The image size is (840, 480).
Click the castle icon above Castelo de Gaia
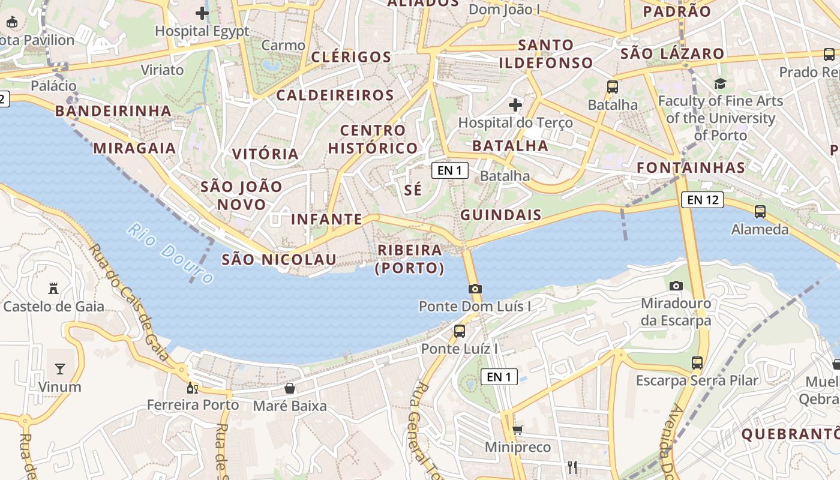[53, 289]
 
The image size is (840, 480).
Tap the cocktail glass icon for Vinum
[60, 368]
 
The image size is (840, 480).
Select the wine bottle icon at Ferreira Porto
[193, 388]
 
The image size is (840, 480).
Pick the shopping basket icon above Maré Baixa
[290, 388]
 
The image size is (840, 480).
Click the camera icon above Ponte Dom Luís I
[475, 289]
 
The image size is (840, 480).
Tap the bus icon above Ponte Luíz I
[460, 331]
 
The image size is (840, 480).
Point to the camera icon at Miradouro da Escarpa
[676, 286]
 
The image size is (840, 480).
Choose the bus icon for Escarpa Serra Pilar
[697, 362]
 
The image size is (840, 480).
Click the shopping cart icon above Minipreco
[517, 430]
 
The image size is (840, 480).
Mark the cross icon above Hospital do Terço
[515, 105]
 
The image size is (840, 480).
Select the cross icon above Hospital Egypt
[202, 13]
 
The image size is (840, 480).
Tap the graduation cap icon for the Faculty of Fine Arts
[720, 83]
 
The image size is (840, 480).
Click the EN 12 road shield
[702, 200]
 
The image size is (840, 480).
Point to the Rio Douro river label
[170, 253]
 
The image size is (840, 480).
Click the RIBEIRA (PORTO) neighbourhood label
[410, 259]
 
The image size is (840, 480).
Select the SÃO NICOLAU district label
[279, 259]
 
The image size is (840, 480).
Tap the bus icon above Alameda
[760, 211]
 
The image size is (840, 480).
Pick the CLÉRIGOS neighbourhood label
[351, 57]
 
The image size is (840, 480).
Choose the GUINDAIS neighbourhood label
[501, 215]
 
